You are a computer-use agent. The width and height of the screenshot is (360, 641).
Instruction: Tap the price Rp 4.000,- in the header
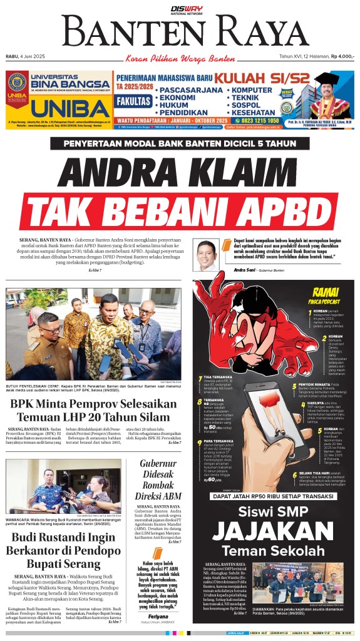[x=342, y=56]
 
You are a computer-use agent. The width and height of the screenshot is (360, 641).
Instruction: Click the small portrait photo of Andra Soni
[x=208, y=255]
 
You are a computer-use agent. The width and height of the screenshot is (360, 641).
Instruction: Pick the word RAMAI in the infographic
[x=326, y=291]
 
